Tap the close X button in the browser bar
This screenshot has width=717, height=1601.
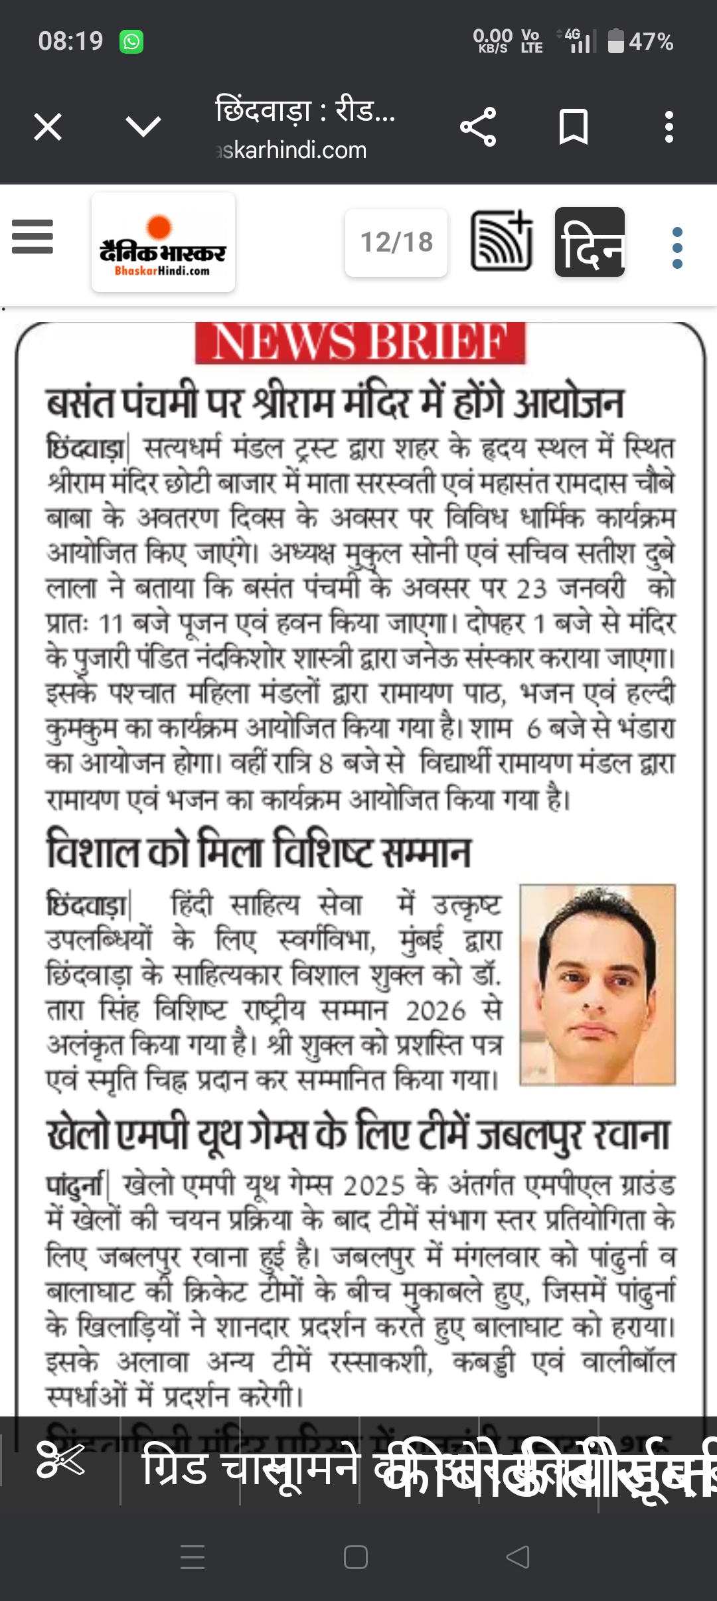coord(48,127)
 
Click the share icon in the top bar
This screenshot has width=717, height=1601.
coord(478,127)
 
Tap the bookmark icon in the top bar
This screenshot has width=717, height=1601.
coord(574,127)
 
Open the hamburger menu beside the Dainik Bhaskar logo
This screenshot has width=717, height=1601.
coord(33,237)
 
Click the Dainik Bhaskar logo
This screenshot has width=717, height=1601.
coord(163,242)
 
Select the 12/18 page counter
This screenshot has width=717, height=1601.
coord(396,242)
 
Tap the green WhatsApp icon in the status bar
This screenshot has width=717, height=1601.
coord(131,42)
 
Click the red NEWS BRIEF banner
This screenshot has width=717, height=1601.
coord(360,343)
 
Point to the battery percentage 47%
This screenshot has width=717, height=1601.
coord(651,42)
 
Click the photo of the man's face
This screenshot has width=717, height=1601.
coord(597,985)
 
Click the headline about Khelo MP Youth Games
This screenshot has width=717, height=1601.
coord(358,1135)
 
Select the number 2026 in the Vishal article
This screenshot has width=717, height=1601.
coord(436,1011)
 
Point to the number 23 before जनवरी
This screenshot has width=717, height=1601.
coord(531,589)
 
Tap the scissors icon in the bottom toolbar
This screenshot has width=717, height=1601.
coord(60,1460)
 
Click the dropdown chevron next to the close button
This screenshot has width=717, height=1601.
coord(143,127)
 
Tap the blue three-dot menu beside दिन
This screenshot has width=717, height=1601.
coord(677,248)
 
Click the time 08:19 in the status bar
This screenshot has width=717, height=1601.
coord(70,41)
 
